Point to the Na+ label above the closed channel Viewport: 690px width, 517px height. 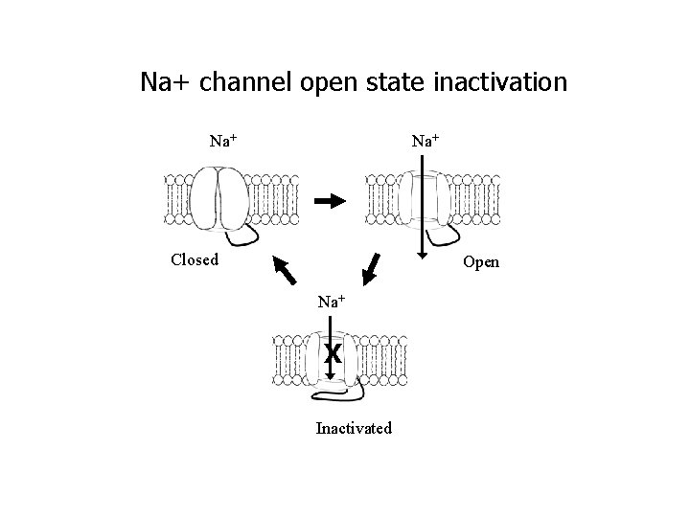pyautogui.click(x=223, y=141)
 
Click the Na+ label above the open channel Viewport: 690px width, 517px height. pyautogui.click(x=425, y=141)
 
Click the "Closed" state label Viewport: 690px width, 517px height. pyautogui.click(x=195, y=259)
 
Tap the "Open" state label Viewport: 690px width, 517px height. pyautogui.click(x=481, y=262)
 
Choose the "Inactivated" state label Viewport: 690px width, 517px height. pyautogui.click(x=354, y=428)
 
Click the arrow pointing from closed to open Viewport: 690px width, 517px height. pyautogui.click(x=330, y=201)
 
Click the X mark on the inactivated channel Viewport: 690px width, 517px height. pyautogui.click(x=332, y=353)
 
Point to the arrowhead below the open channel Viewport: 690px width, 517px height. pyautogui.click(x=423, y=256)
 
